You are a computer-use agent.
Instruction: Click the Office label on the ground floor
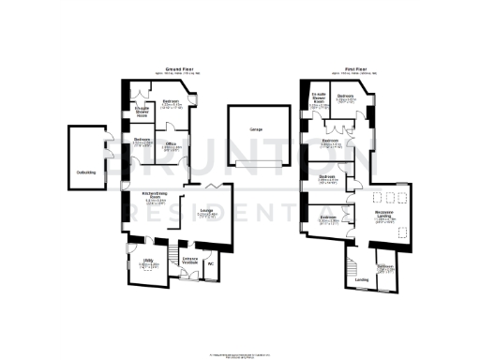[172, 144]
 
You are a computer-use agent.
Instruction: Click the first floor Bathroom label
[385, 268]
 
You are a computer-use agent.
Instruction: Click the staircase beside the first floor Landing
[352, 265]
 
